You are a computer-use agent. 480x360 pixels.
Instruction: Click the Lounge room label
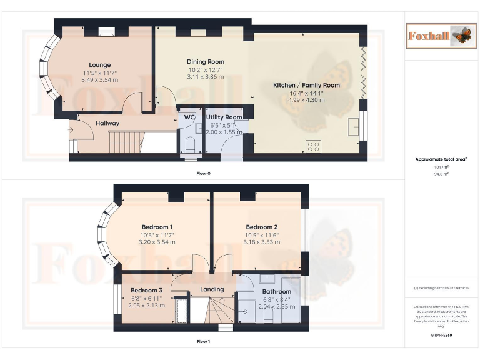(100, 65)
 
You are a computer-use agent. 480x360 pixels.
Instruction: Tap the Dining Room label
(206, 61)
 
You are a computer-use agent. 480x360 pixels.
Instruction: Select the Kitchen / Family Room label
(306, 85)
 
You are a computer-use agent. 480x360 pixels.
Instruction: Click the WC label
(190, 117)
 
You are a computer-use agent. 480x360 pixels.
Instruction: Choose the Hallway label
(107, 123)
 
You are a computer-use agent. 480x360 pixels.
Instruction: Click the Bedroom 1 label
(157, 227)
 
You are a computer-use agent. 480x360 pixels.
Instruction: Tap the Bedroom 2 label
(262, 227)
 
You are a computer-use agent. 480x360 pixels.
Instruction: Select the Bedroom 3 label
(147, 291)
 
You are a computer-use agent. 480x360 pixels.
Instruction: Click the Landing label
(212, 289)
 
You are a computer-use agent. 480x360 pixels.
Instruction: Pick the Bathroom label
(276, 292)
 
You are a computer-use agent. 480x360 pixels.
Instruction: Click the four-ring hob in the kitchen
(313, 146)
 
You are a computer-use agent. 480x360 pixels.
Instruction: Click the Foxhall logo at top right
(439, 36)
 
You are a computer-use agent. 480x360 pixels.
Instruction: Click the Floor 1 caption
(204, 342)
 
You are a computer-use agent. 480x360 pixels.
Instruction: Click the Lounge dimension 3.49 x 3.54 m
(100, 80)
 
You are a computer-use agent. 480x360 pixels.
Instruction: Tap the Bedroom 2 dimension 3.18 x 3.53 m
(262, 242)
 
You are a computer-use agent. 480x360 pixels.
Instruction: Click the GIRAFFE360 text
(441, 336)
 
